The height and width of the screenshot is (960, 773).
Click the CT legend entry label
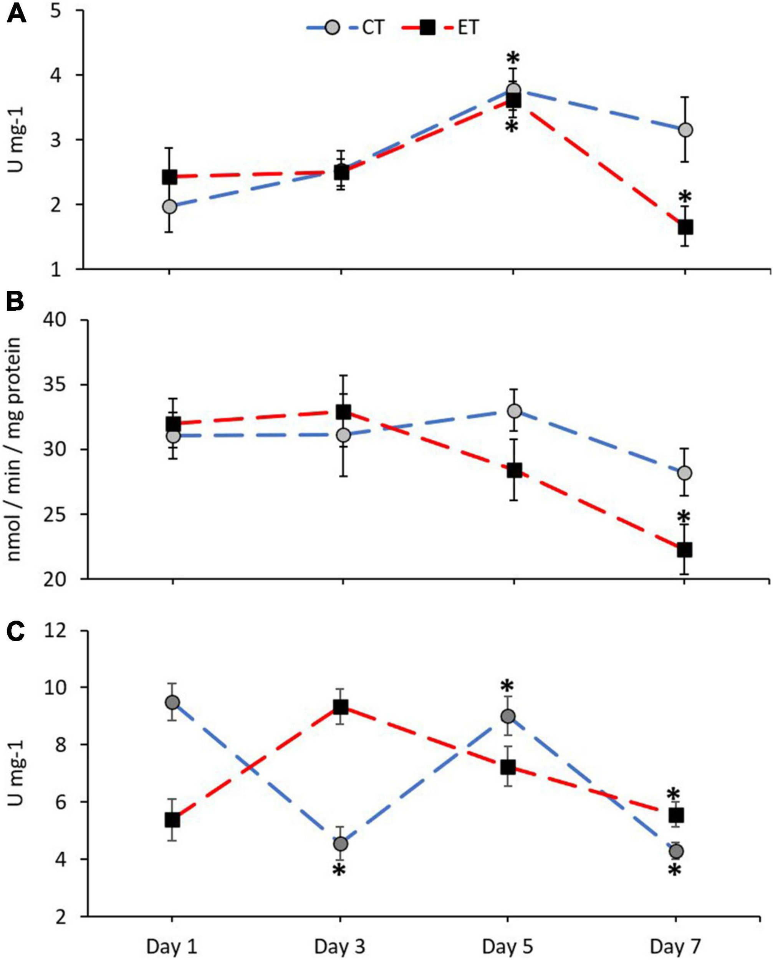click(x=372, y=28)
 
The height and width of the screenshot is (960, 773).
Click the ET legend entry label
click(x=468, y=28)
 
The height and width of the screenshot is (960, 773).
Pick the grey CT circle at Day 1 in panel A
click(x=169, y=207)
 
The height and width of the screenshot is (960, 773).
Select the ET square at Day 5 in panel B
click(x=514, y=470)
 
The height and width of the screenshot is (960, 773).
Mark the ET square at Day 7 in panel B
click(x=684, y=550)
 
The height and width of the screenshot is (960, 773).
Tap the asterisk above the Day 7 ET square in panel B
click(x=684, y=517)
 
